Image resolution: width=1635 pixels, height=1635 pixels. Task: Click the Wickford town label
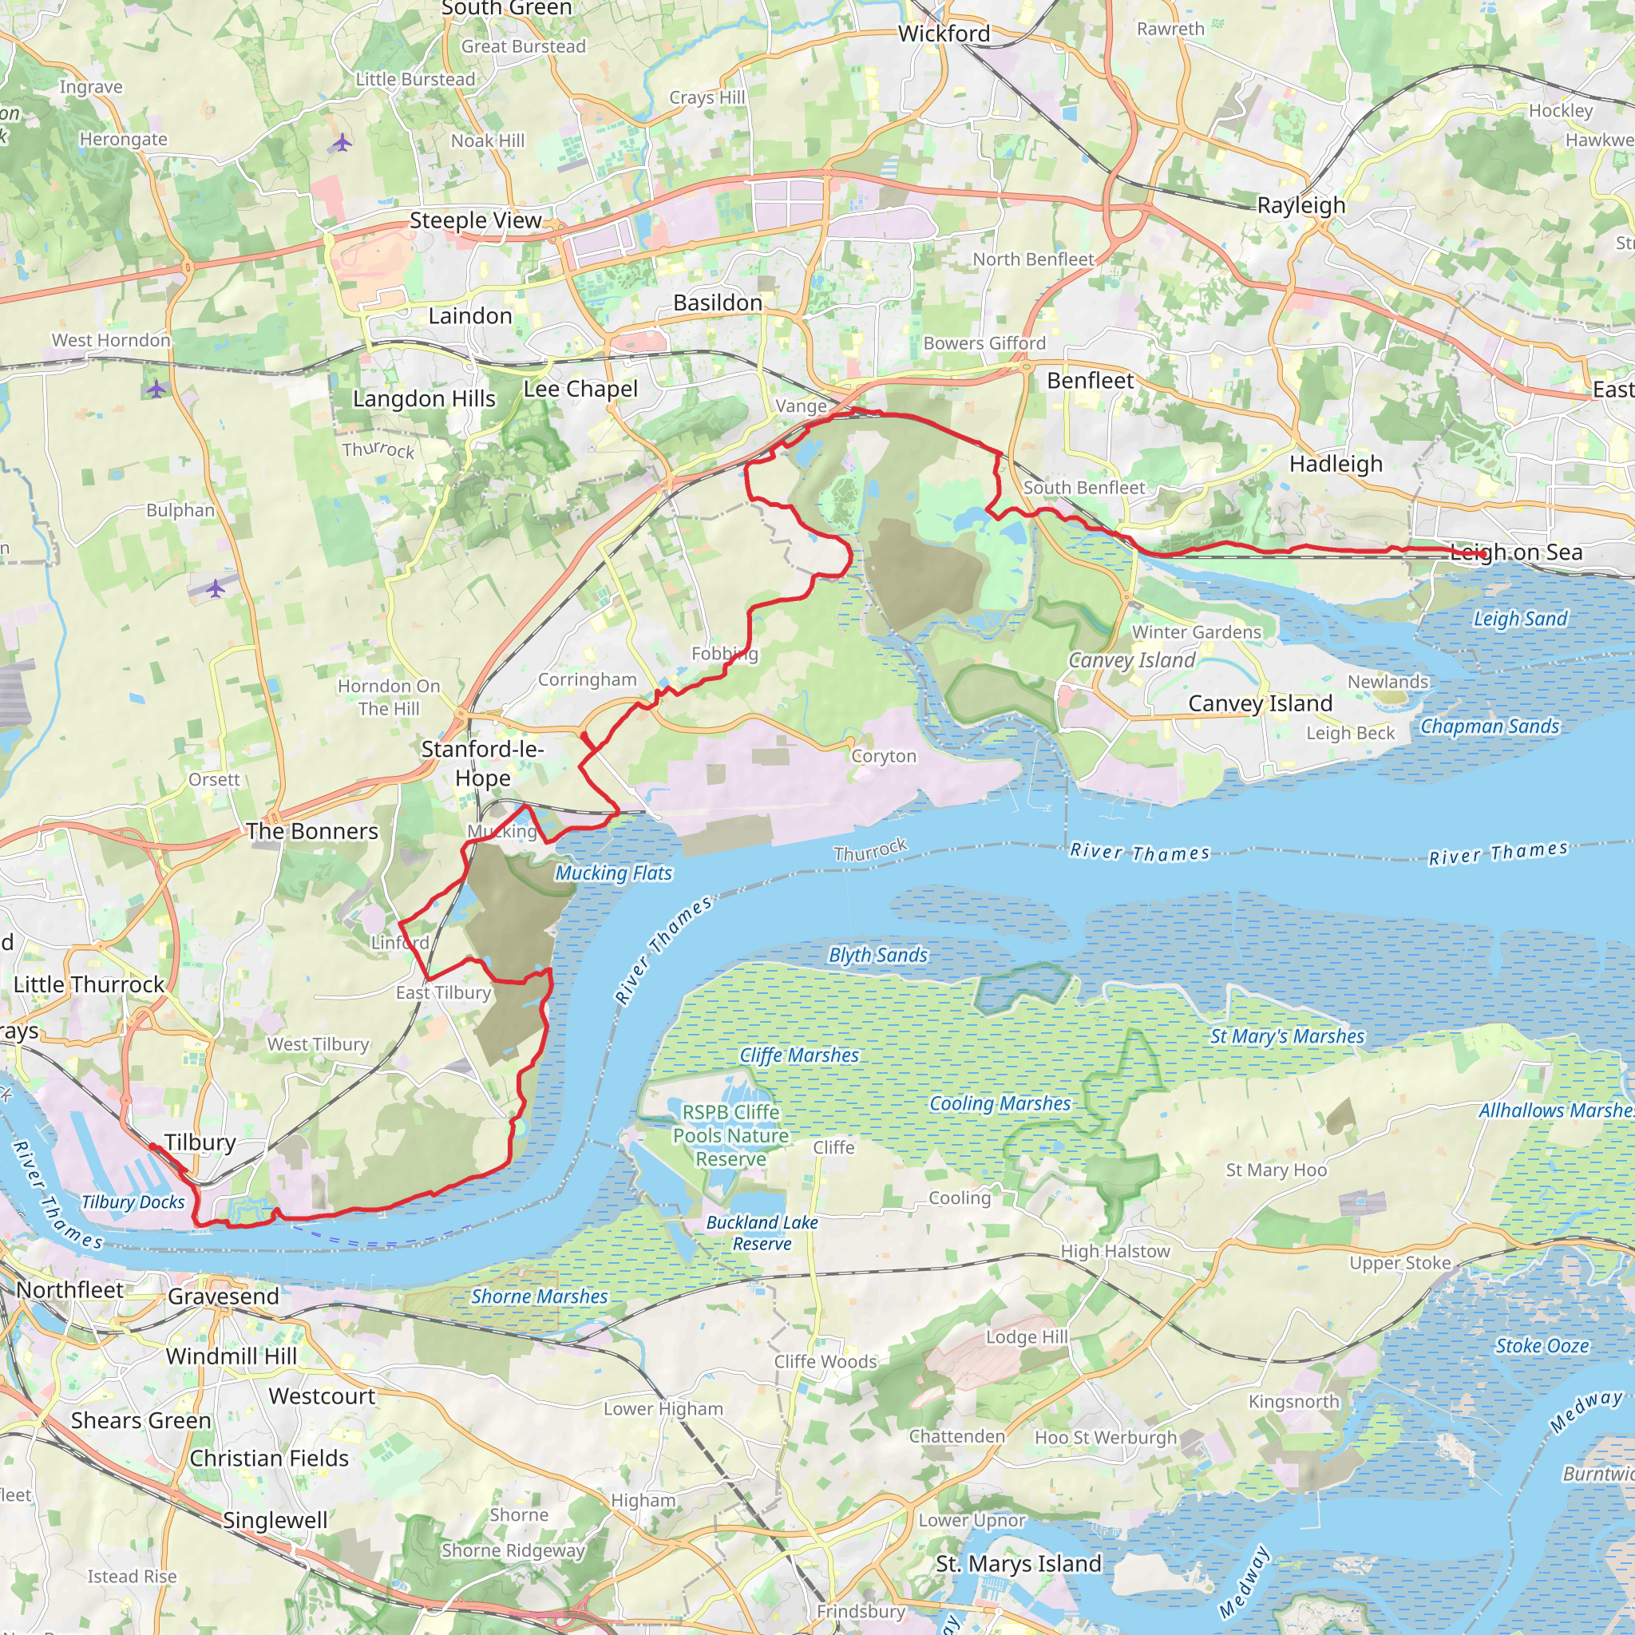944,34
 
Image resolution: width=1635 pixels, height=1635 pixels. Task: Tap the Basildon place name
718,303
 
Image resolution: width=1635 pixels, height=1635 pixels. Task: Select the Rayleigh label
1300,206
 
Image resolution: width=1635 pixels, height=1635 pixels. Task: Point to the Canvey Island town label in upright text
1260,704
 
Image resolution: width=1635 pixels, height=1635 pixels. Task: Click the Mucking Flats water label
614,873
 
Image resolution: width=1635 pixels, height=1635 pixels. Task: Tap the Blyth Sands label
877,956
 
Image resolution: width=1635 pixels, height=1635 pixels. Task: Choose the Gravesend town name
224,1297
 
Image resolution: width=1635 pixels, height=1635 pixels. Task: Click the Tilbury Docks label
133,1202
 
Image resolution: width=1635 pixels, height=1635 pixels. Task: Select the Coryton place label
884,757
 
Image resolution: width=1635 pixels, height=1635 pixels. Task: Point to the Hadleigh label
1336,464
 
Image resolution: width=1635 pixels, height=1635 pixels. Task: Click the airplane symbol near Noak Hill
342,142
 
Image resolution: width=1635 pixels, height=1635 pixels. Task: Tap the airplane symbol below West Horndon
156,390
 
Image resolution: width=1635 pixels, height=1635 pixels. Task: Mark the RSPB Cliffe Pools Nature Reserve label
731,1136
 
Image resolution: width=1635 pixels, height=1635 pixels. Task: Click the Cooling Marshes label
1000,1103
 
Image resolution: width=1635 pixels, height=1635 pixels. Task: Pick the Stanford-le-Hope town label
482,763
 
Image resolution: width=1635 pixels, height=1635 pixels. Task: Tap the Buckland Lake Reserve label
762,1233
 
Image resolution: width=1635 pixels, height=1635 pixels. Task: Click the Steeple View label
475,221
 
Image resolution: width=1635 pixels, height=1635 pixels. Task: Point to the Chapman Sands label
1490,727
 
